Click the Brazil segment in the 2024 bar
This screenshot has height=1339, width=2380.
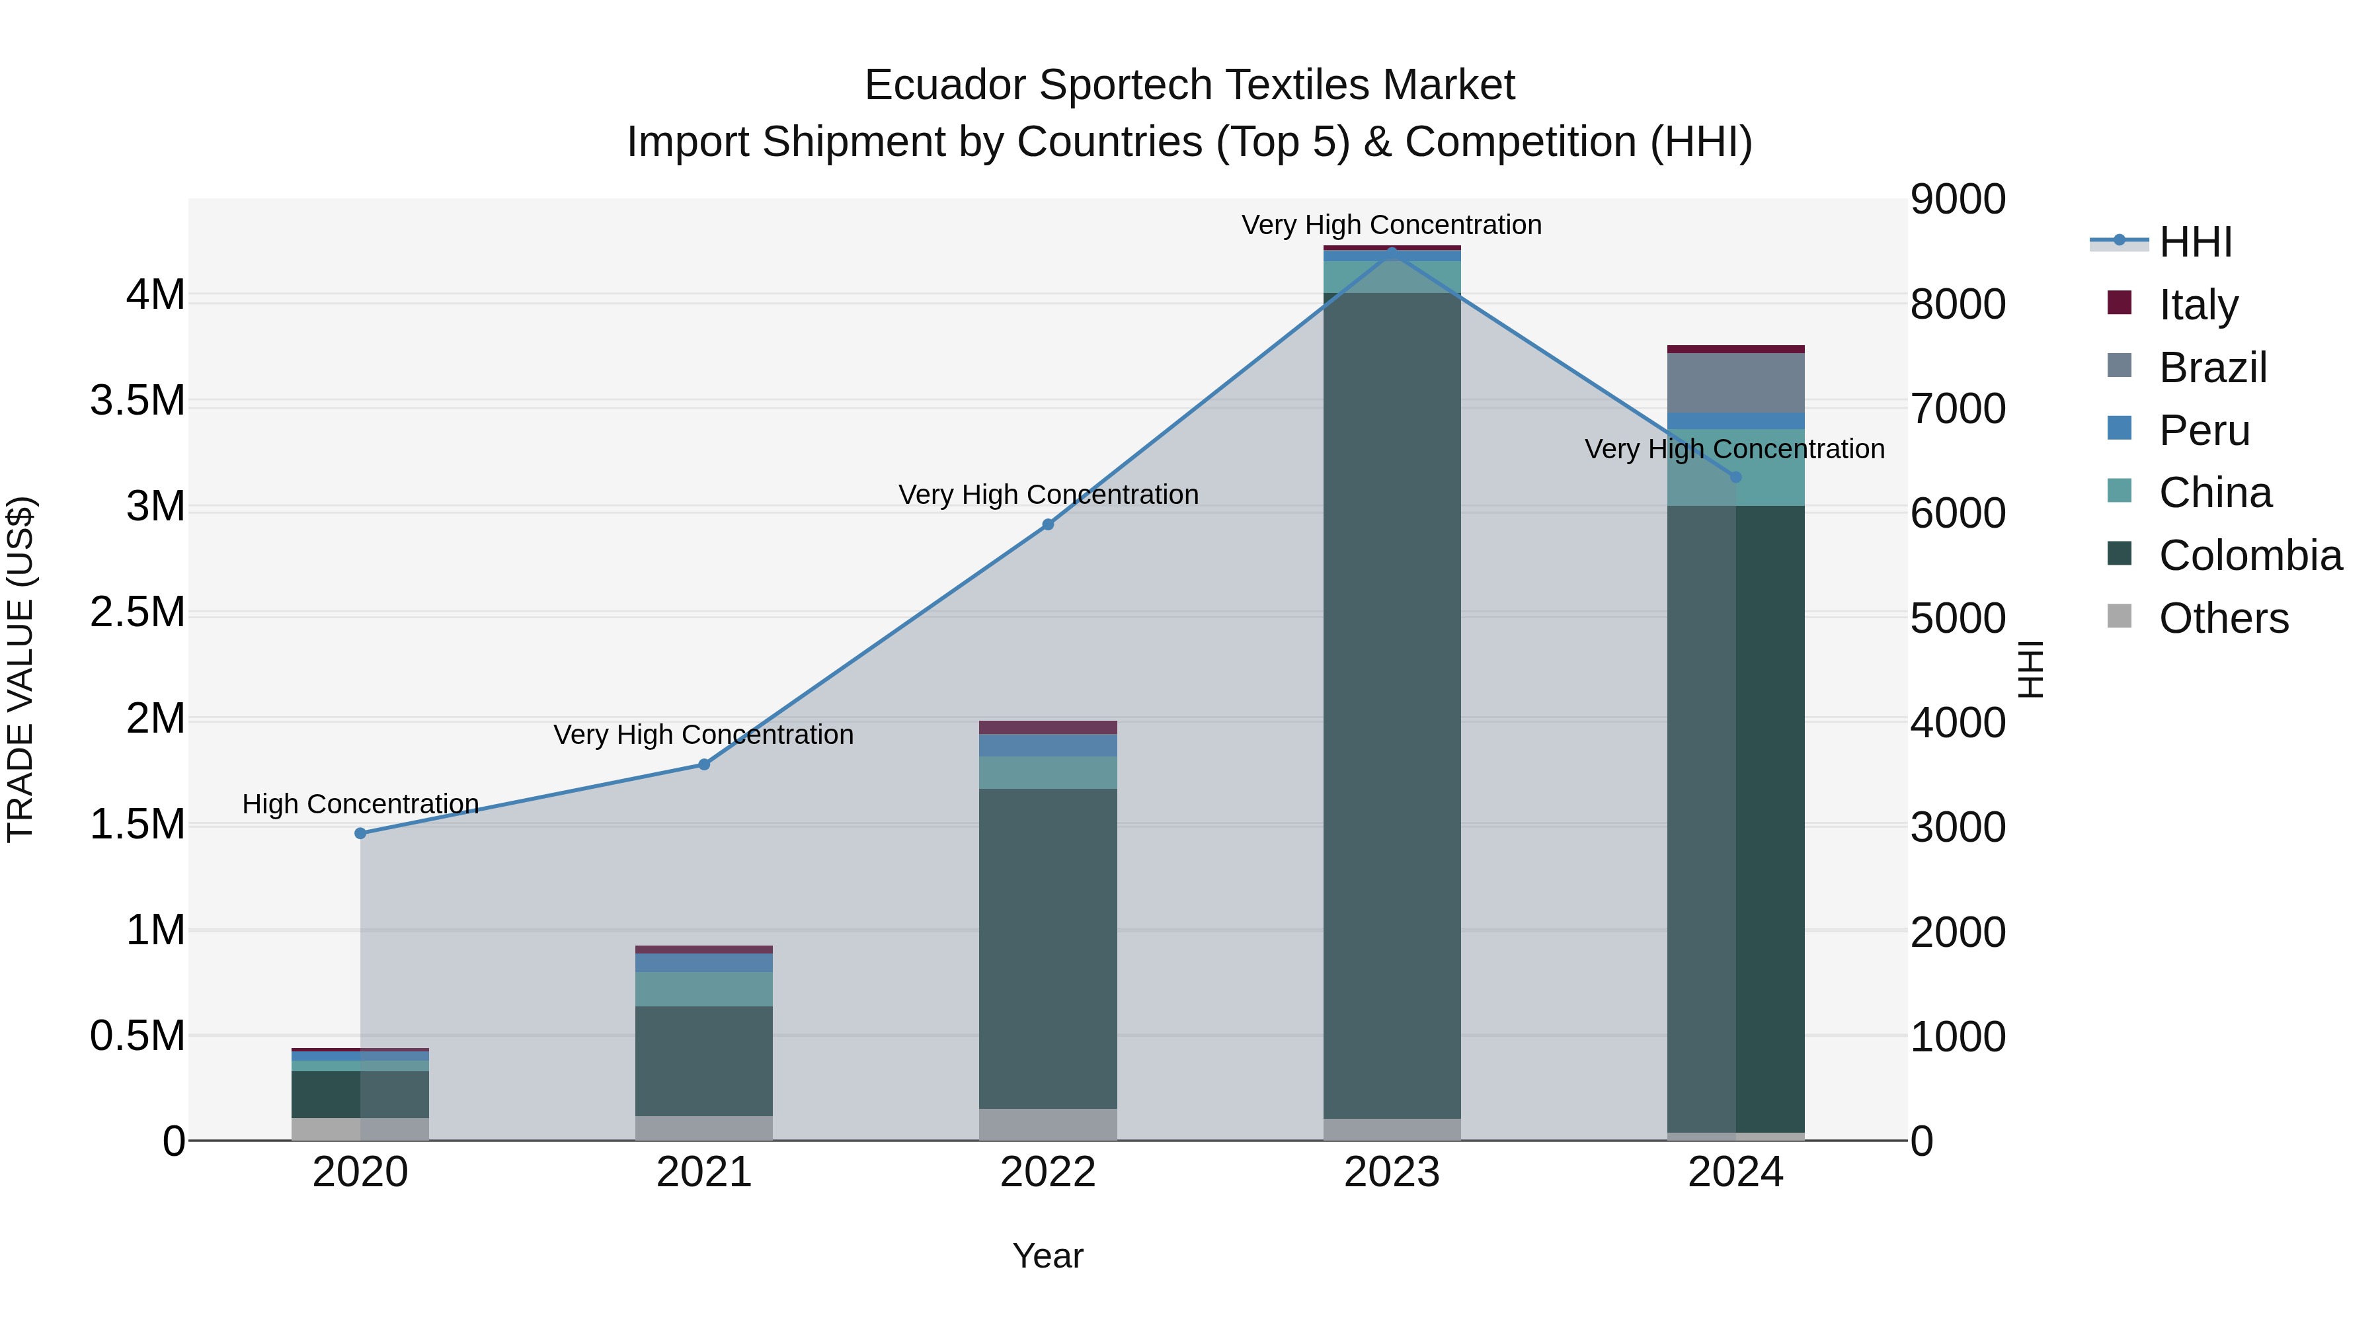pyautogui.click(x=1735, y=383)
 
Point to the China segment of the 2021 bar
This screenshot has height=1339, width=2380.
pyautogui.click(x=704, y=989)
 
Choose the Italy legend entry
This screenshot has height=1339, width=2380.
pyautogui.click(x=2198, y=304)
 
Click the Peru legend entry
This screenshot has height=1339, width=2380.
pyautogui.click(x=2203, y=430)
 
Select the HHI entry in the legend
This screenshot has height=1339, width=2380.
pyautogui.click(x=2195, y=242)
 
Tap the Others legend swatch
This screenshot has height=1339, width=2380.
pyautogui.click(x=2120, y=616)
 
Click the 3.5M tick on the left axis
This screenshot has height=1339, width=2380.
pyautogui.click(x=138, y=401)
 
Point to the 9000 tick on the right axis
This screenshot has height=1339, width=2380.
pyautogui.click(x=1958, y=200)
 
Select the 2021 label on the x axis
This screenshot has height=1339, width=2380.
pyautogui.click(x=704, y=1172)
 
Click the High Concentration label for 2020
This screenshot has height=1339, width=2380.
pyautogui.click(x=360, y=804)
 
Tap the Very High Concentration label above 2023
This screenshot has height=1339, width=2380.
pyautogui.click(x=1392, y=225)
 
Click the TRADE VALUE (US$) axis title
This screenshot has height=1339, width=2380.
pyautogui.click(x=20, y=669)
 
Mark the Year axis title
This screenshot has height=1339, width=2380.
pyautogui.click(x=1048, y=1256)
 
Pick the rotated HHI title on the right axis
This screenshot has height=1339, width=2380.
pyautogui.click(x=2031, y=669)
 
